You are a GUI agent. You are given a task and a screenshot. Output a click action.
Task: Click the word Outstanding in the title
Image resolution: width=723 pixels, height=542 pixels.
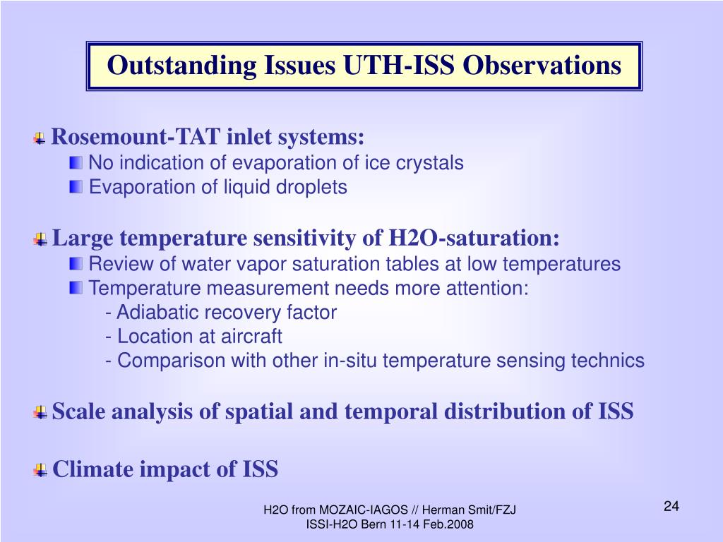pos(181,66)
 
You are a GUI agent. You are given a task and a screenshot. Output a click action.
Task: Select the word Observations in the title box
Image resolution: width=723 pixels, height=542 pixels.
pos(542,65)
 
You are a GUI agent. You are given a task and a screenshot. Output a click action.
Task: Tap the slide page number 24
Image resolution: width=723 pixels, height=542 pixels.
pos(671,506)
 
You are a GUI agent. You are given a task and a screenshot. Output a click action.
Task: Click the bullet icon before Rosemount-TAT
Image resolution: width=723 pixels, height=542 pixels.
pos(40,138)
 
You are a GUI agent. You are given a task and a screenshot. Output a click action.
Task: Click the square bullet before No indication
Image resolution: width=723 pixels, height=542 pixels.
pos(76,163)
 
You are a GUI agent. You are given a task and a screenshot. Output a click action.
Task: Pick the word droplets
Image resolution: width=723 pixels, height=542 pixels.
pos(311,187)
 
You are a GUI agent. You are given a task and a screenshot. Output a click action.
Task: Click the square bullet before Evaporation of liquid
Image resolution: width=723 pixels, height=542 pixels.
pos(76,187)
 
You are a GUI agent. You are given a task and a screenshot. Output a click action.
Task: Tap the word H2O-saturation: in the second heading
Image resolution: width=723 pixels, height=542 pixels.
pos(474,239)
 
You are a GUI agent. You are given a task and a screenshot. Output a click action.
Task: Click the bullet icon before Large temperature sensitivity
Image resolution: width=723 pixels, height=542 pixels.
pos(40,240)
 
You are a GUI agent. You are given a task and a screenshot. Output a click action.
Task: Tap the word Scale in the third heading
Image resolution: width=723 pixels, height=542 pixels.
pos(78,411)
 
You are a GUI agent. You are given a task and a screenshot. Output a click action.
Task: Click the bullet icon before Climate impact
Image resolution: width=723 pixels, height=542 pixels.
pos(40,471)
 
